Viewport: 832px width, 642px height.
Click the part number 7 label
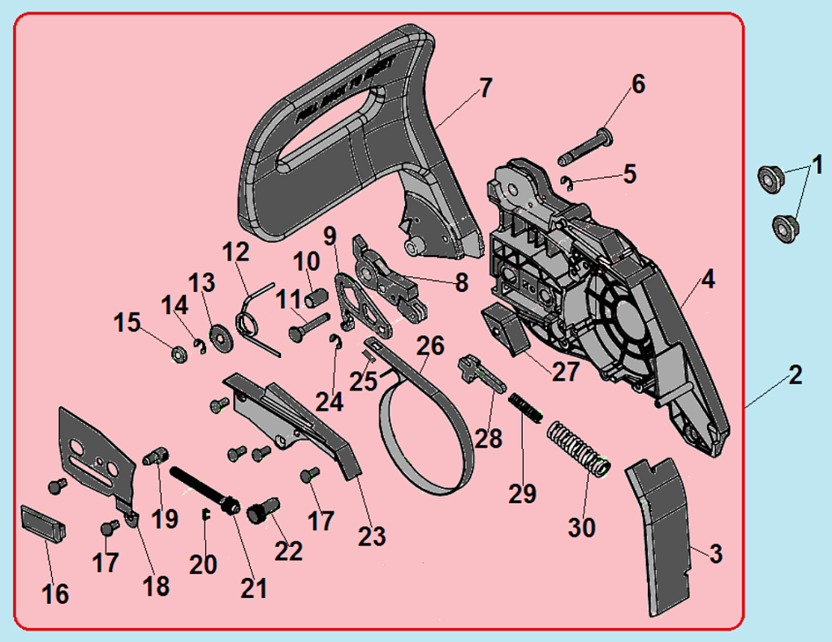[485, 88]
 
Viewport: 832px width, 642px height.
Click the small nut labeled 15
[177, 354]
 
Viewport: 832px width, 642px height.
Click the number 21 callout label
[254, 587]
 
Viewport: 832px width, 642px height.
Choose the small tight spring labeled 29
[525, 406]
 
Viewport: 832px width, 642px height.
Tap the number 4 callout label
[708, 281]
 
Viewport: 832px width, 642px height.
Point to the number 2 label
[795, 375]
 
